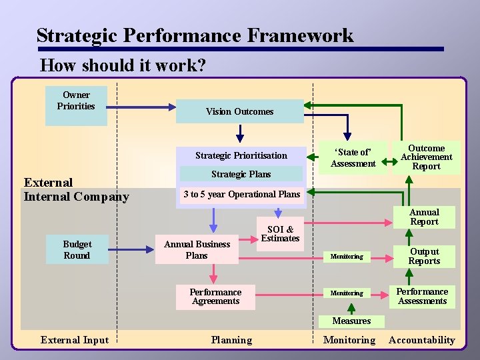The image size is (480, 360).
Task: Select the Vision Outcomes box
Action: pyautogui.click(x=239, y=111)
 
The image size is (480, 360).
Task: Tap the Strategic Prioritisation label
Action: pyautogui.click(x=241, y=155)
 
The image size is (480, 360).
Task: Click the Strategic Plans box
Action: pyautogui.click(x=241, y=174)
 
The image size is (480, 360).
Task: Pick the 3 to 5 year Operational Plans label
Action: pyautogui.click(x=241, y=194)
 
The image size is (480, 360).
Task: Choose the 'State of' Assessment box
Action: pyautogui.click(x=353, y=157)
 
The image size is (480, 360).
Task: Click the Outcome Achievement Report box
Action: pyautogui.click(x=426, y=157)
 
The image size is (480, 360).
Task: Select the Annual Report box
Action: pyautogui.click(x=424, y=217)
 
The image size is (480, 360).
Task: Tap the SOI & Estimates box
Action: pyautogui.click(x=280, y=233)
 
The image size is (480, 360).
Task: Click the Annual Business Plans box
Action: pyautogui.click(x=197, y=249)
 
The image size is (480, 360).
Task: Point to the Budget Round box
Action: pyautogui.click(x=77, y=249)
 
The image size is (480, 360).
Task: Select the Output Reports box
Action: pyautogui.click(x=424, y=256)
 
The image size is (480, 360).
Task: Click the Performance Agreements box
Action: pyautogui.click(x=215, y=297)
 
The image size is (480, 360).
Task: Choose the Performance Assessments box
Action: pyautogui.click(x=422, y=296)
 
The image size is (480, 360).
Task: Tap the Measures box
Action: pyautogui.click(x=351, y=321)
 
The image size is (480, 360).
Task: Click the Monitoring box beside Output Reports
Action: pyautogui.click(x=347, y=257)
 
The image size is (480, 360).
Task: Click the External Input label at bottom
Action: pyautogui.click(x=74, y=340)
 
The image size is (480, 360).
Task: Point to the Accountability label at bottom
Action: pyautogui.click(x=421, y=340)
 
